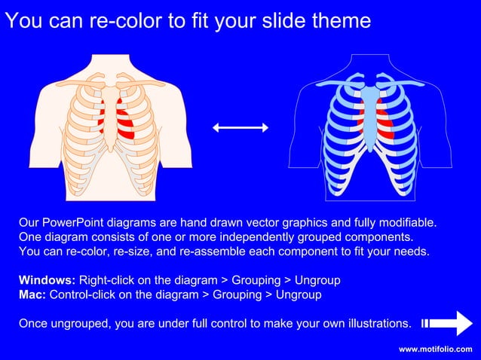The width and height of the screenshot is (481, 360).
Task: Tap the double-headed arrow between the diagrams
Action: pyautogui.click(x=240, y=128)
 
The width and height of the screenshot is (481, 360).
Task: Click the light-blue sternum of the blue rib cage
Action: pyautogui.click(x=369, y=113)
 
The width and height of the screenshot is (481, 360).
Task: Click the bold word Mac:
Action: pyautogui.click(x=32, y=294)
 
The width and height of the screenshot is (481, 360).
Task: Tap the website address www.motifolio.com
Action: pyautogui.click(x=436, y=349)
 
